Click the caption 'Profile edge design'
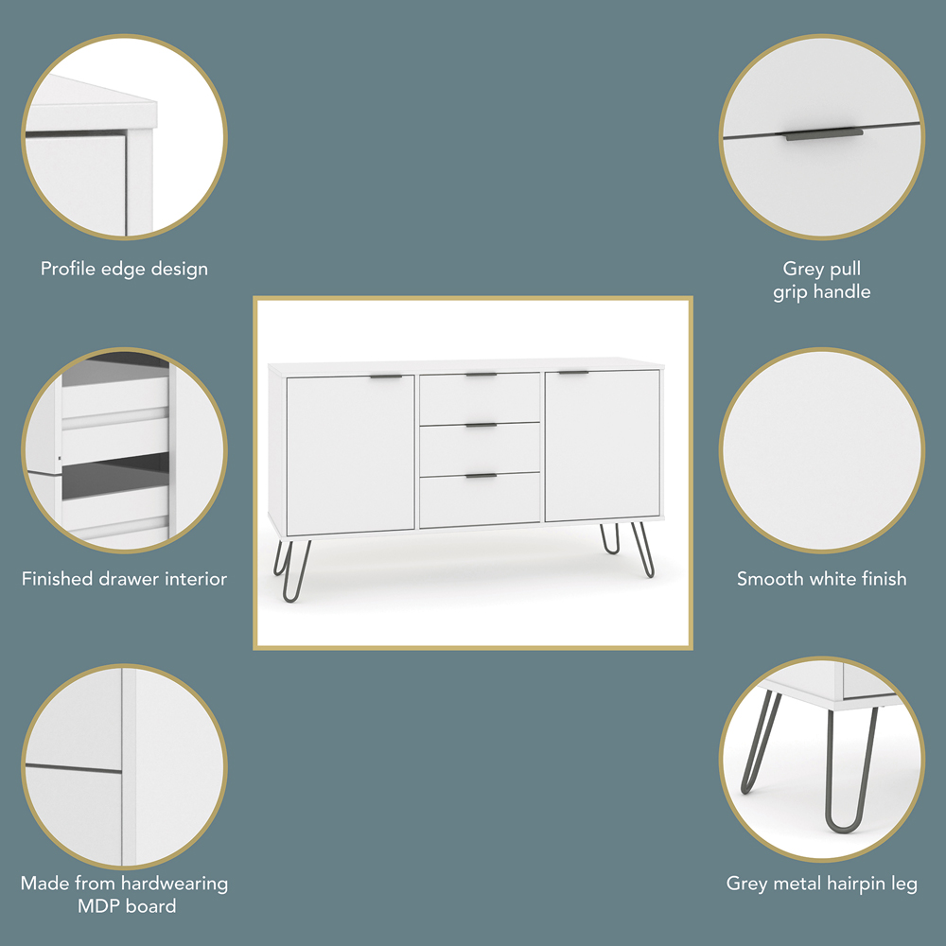tap(124, 269)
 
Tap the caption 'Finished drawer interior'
tap(124, 579)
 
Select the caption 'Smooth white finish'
tap(822, 579)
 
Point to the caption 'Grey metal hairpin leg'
tap(822, 884)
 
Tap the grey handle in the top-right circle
tap(824, 134)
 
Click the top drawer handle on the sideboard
tap(481, 375)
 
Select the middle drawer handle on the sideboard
tap(481, 426)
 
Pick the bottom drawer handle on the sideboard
tap(481, 476)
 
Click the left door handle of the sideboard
tap(386, 377)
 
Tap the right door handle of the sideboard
tap(573, 373)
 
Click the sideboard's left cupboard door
tap(351, 456)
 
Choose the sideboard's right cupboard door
tap(602, 446)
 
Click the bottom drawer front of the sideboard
tap(480, 500)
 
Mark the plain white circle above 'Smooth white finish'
tap(822, 450)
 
